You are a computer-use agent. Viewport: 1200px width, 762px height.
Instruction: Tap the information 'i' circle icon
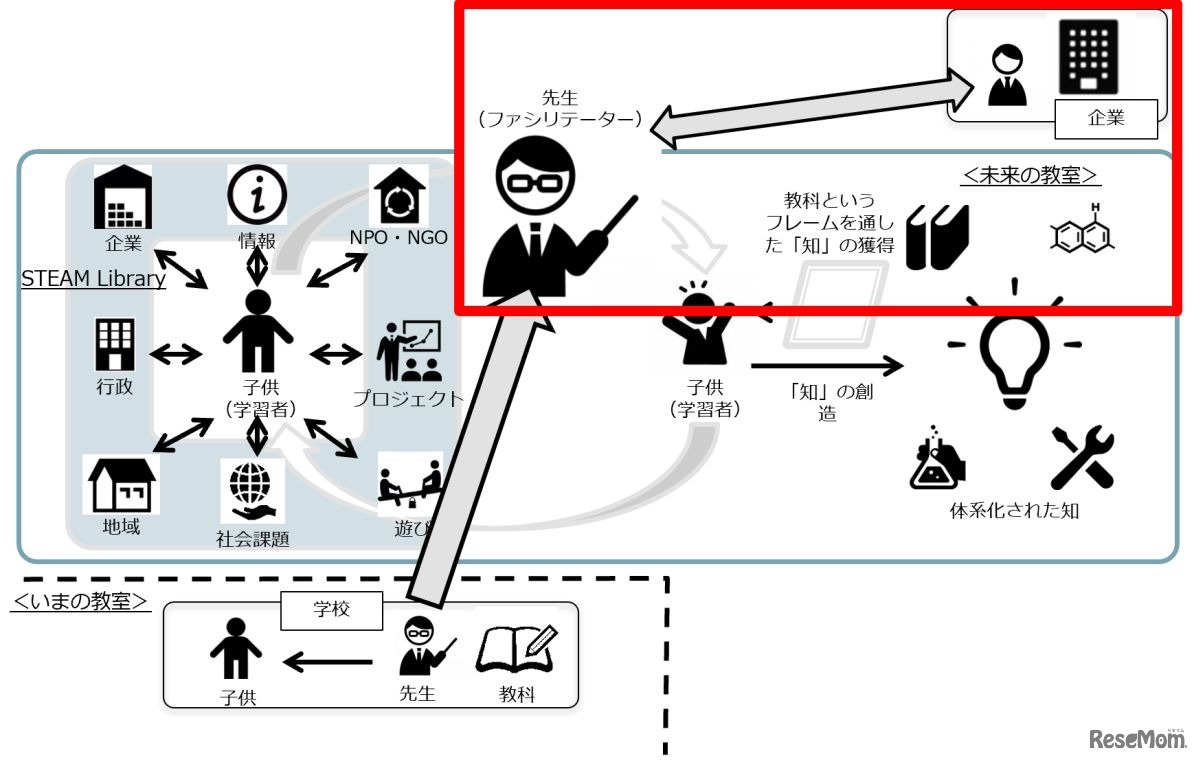(x=257, y=195)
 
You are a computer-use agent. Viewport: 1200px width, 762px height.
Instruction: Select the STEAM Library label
(x=93, y=279)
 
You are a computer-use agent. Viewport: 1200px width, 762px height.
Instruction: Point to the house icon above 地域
(x=121, y=485)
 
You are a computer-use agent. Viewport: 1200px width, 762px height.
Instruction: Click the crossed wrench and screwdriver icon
(x=1081, y=457)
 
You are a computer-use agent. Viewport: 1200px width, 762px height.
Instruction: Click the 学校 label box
(x=332, y=610)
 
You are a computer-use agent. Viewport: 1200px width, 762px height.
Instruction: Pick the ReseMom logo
(x=1136, y=739)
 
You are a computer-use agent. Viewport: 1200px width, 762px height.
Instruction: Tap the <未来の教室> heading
(x=1030, y=175)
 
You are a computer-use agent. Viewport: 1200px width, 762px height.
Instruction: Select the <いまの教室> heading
(x=80, y=601)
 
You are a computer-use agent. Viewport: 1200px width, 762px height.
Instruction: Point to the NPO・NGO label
(x=398, y=238)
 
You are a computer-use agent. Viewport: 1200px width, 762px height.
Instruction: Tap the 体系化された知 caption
(x=1014, y=512)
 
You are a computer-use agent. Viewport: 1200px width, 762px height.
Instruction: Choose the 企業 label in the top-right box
(x=1106, y=118)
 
